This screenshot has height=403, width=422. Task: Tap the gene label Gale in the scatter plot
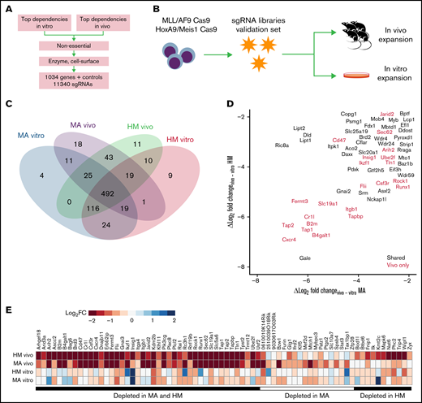(x=305, y=258)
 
